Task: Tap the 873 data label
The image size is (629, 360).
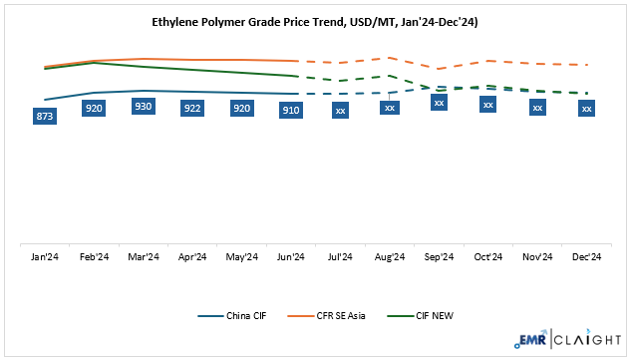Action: tap(45, 117)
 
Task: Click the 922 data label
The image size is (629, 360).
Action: tap(192, 108)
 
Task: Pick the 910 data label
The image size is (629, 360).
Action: tap(291, 110)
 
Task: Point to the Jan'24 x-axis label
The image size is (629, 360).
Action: tap(45, 257)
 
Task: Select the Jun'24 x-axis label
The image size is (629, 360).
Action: tap(291, 257)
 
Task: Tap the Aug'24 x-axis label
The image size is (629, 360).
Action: tap(390, 257)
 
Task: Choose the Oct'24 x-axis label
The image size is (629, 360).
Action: tap(488, 257)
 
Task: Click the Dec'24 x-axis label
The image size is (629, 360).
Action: tap(587, 257)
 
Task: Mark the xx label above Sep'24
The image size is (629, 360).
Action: tap(439, 102)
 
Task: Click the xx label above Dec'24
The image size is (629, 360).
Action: tap(587, 108)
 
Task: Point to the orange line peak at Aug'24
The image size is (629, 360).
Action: tap(390, 58)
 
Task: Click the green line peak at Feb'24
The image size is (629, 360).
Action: tap(95, 63)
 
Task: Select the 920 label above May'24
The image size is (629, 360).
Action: tap(242, 108)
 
